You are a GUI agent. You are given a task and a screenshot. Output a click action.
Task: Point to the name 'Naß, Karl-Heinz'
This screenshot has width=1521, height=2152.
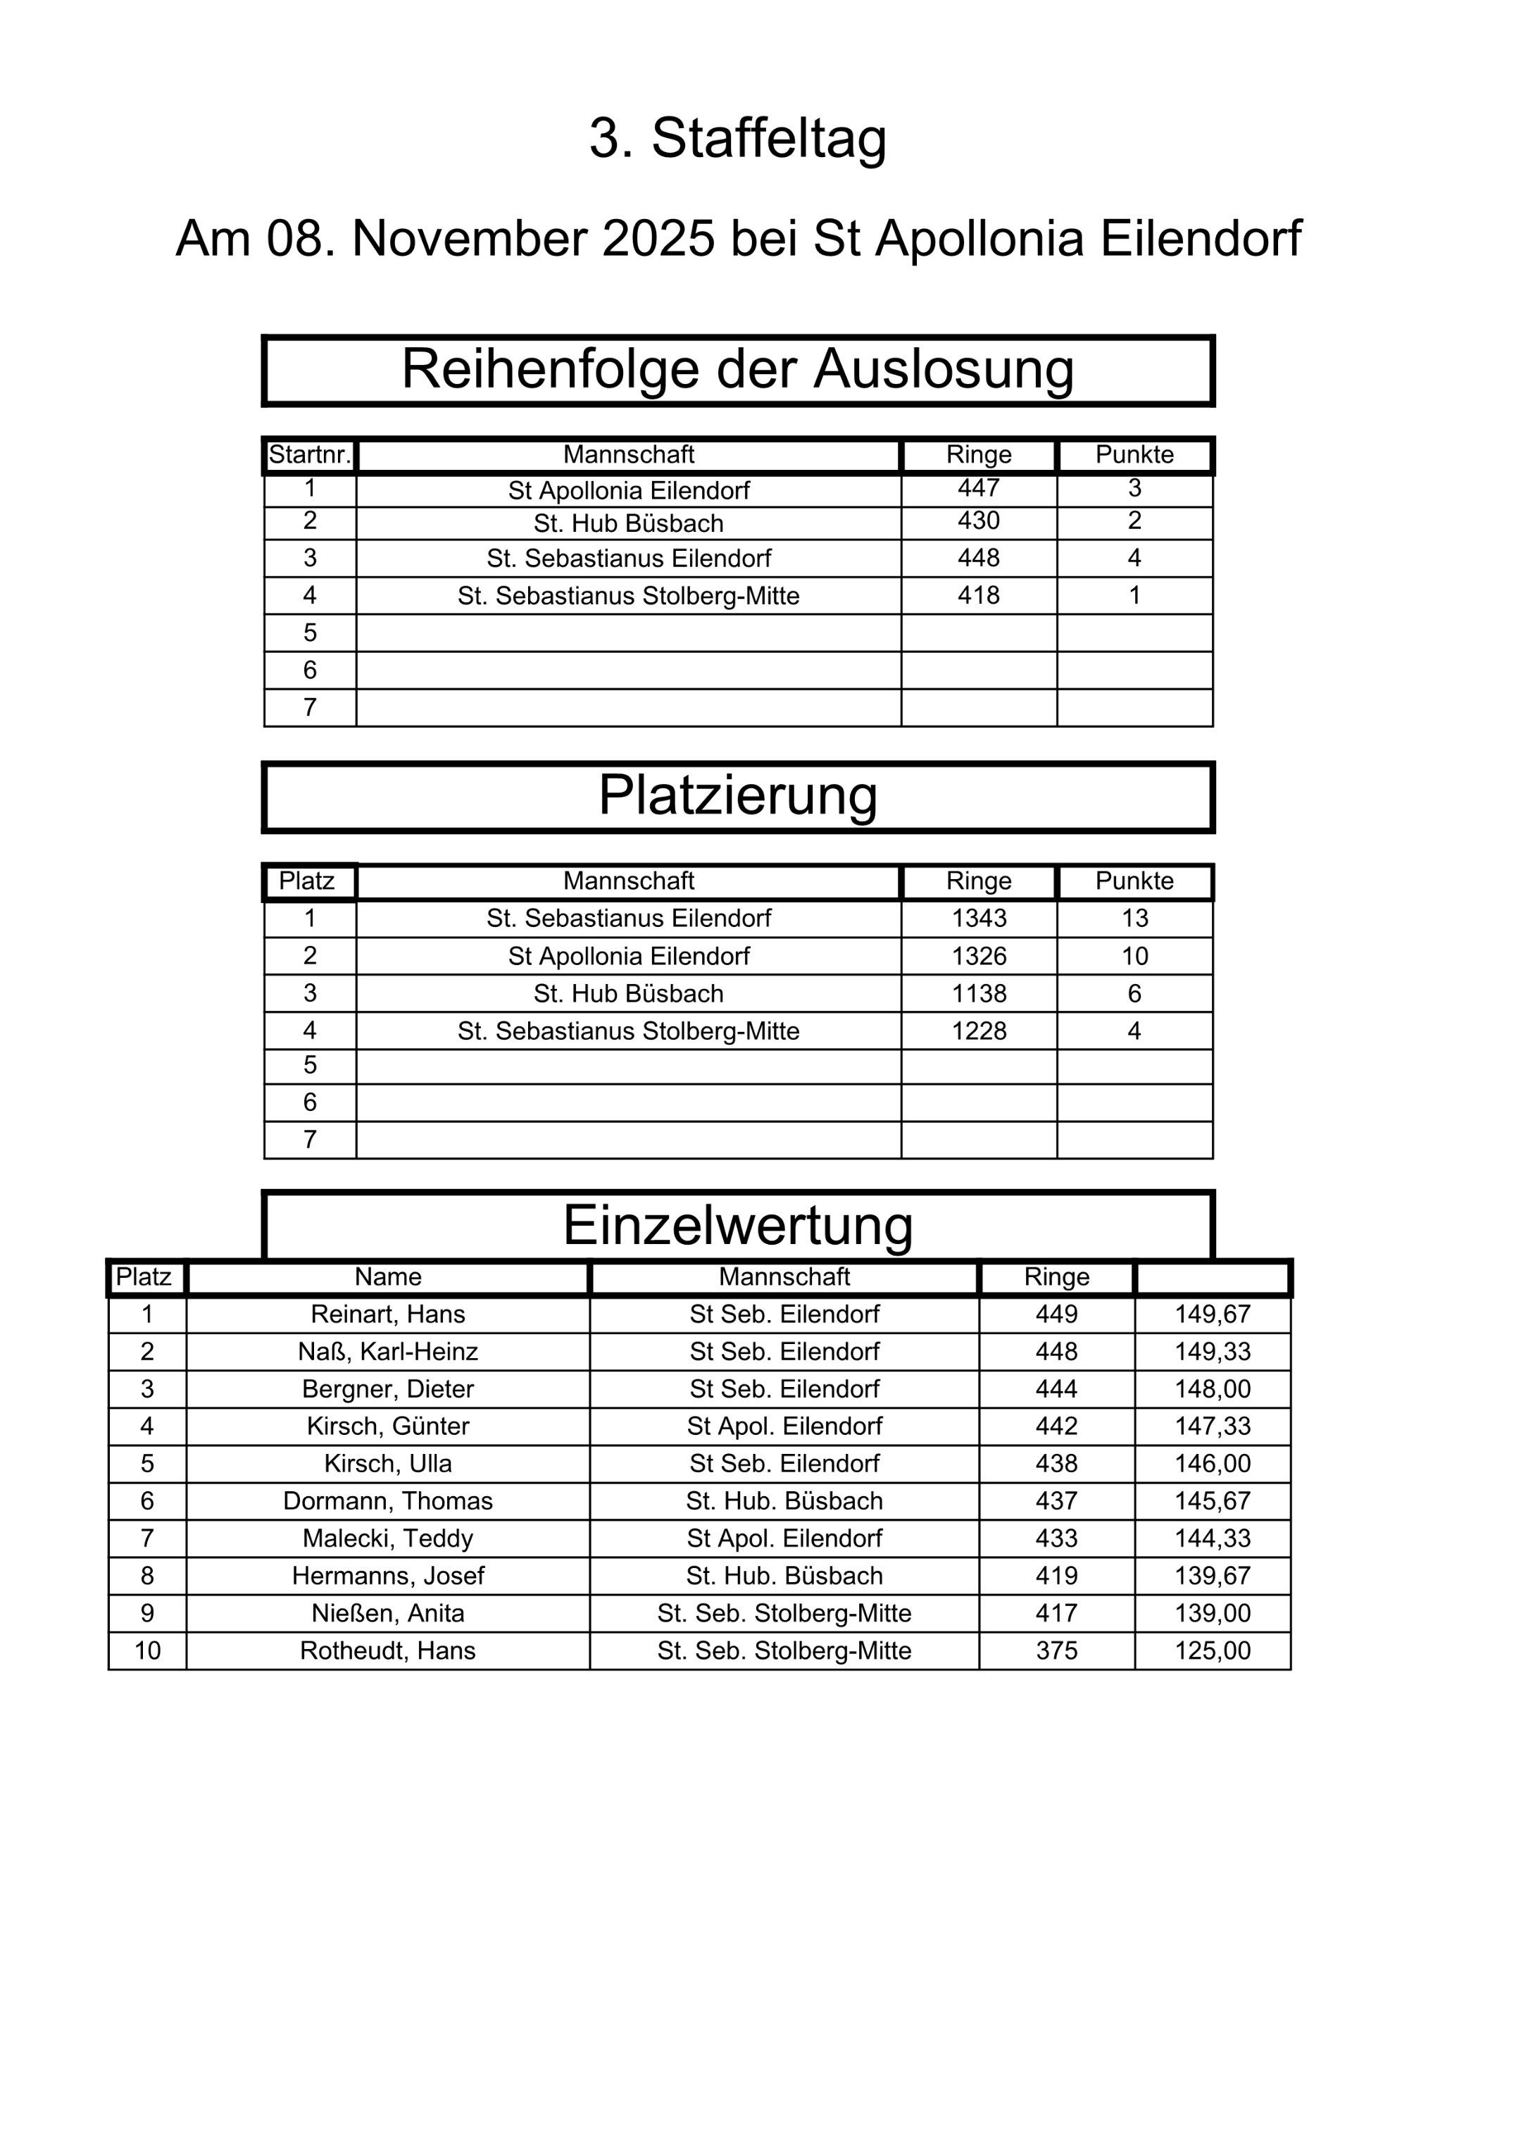tap(388, 1352)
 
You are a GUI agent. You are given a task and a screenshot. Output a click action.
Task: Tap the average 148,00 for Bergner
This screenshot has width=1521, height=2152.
tap(1213, 1389)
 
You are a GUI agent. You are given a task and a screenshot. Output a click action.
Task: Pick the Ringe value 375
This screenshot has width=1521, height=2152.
tap(1056, 1650)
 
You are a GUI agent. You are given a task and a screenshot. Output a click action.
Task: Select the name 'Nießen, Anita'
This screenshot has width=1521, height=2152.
tap(388, 1613)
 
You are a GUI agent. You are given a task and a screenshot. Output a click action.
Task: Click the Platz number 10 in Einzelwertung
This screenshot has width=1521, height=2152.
tap(147, 1650)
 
